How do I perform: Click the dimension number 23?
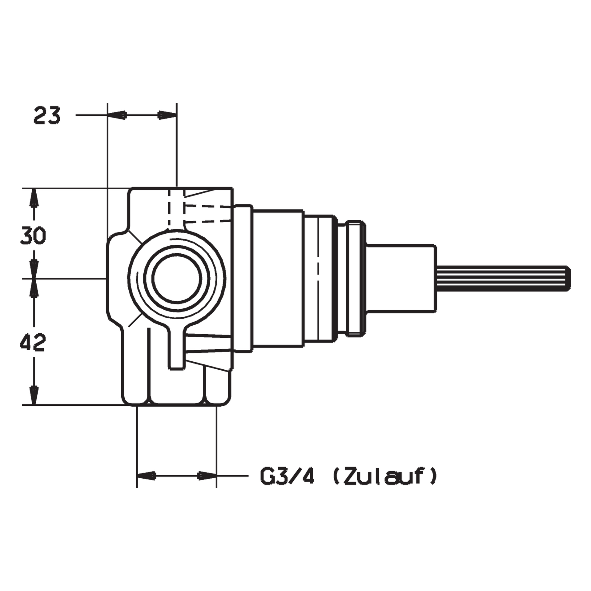pos(47,115)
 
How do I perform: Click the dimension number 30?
pos(33,236)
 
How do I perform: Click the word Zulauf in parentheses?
pos(385,486)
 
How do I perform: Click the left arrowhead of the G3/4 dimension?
pos(146,484)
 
